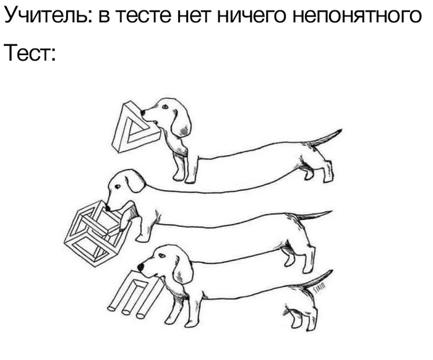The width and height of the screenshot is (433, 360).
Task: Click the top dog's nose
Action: point(142,113)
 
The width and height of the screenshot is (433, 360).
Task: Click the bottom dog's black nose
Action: point(140,267)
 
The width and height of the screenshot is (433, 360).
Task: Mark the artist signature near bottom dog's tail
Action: point(320,289)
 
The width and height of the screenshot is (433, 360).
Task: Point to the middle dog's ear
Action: point(135,181)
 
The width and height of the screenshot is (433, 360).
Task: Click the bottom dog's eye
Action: point(161,256)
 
